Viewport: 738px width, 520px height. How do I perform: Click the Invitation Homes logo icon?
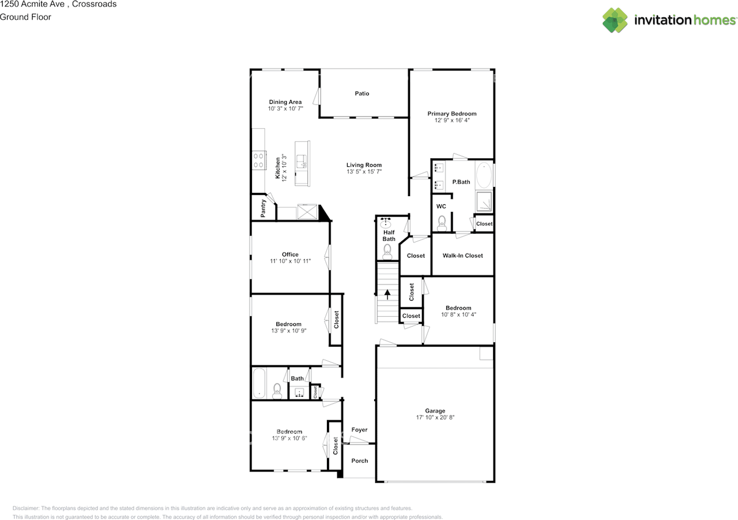point(615,20)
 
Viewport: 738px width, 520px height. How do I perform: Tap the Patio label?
point(362,93)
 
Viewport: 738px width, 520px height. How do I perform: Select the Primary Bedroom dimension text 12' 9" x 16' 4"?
point(452,121)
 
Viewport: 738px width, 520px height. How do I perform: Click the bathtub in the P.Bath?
point(484,175)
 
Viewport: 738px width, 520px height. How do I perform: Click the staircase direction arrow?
point(387,294)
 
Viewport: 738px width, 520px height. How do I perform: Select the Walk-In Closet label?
point(462,255)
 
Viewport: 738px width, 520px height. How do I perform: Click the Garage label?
point(435,411)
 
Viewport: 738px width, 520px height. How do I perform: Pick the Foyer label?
point(359,430)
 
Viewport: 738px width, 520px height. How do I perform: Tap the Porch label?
point(359,461)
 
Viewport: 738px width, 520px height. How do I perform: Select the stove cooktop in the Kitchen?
point(258,159)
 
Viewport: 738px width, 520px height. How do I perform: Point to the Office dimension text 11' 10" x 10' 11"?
point(290,261)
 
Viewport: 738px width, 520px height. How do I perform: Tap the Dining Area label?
point(285,102)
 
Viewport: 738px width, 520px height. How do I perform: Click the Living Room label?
point(364,165)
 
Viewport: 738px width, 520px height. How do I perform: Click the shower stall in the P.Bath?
point(484,201)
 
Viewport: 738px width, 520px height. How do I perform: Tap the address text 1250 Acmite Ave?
point(35,4)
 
